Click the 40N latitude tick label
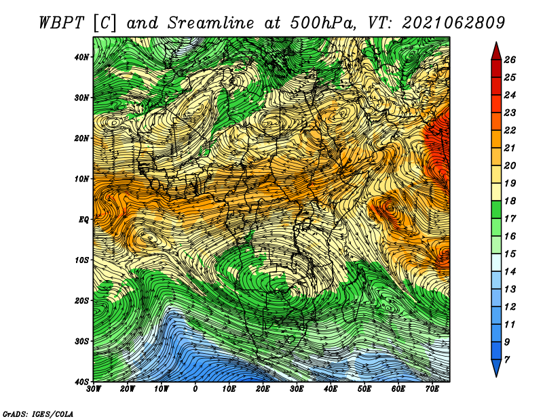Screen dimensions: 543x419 pos(81,57)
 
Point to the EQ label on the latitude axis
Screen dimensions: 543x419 pos(83,220)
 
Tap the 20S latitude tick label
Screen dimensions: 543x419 pos(81,300)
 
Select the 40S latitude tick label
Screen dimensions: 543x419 pos(81,382)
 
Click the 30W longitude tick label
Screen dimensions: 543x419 pos(94,389)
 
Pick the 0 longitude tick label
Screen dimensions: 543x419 pos(195,389)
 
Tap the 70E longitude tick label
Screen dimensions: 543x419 pos(432,389)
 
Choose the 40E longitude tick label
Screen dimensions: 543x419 pos(331,389)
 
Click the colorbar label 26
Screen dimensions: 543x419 pos(510,60)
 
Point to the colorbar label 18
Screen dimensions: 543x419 pos(510,201)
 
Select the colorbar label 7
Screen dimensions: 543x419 pos(506,360)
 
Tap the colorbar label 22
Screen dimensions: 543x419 pos(510,130)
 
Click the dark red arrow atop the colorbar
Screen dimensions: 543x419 pos(496,51)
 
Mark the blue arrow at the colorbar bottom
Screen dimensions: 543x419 pos(496,368)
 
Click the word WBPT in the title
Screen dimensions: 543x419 pos(62,23)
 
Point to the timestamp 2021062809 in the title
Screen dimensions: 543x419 pos(453,23)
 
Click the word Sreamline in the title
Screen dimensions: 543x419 pos(211,23)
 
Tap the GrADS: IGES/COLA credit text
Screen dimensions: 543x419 pos(38,414)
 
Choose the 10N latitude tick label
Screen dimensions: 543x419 pos(81,179)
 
